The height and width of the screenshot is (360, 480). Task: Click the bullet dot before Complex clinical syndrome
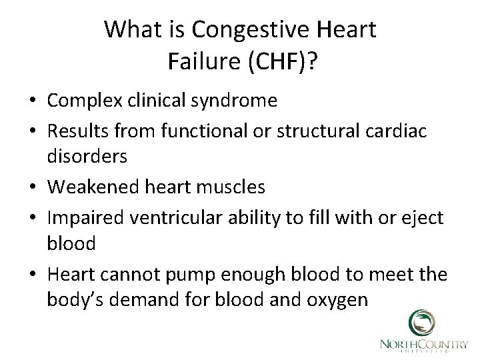[31, 101]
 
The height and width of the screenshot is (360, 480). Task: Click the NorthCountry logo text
[423, 345]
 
